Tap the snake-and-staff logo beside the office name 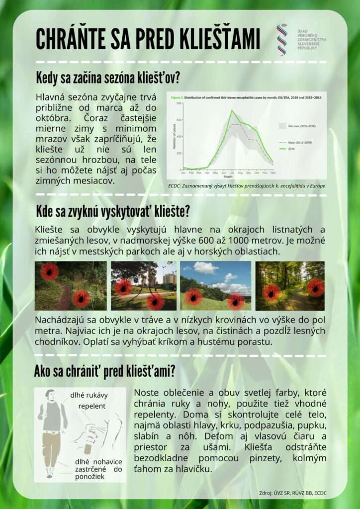(282, 40)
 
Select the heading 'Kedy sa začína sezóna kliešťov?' (107, 79)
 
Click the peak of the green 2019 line (232, 110)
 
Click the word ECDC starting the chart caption (176, 186)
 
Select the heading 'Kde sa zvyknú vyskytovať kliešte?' (112, 212)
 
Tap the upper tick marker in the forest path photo (49, 271)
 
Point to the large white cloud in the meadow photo (205, 268)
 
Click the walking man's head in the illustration (49, 396)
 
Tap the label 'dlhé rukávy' (89, 396)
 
